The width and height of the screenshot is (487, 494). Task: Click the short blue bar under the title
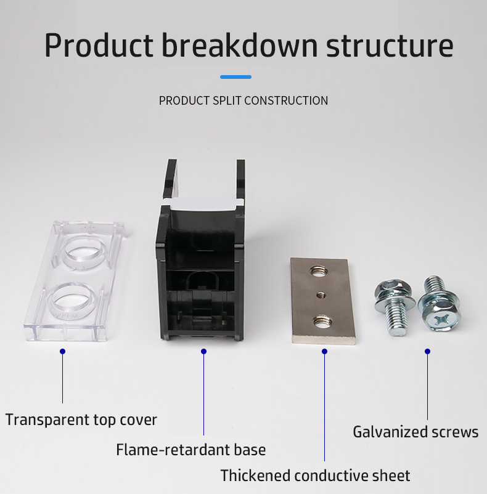pyautogui.click(x=235, y=77)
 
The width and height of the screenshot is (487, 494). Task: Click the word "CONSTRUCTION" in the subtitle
pyautogui.click(x=286, y=100)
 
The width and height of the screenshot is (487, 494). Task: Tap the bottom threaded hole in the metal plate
pyautogui.click(x=321, y=321)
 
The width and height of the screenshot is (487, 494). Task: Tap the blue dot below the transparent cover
pyautogui.click(x=62, y=351)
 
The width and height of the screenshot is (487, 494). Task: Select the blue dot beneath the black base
pyautogui.click(x=204, y=351)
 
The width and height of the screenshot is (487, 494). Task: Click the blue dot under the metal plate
pyautogui.click(x=325, y=351)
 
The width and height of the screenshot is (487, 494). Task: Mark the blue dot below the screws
pyautogui.click(x=427, y=351)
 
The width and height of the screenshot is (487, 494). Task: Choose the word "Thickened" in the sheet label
pyautogui.click(x=255, y=476)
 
